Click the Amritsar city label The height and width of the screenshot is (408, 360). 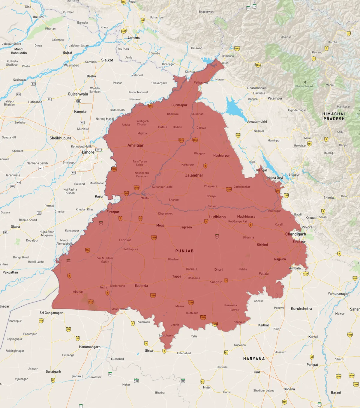point(135,145)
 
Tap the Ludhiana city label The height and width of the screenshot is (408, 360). point(217,217)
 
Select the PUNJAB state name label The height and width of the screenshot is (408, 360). point(184,251)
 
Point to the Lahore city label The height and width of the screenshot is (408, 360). point(88,152)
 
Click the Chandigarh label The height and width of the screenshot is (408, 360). point(295,234)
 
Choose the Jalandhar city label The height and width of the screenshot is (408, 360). point(194,175)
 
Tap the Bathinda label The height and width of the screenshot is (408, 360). point(141,286)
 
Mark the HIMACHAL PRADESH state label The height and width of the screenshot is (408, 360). point(334,116)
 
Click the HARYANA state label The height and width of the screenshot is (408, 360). point(254,359)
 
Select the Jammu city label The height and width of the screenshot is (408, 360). point(134,38)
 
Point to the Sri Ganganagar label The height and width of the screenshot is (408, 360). point(51,313)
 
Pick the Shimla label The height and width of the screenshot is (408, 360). point(328,198)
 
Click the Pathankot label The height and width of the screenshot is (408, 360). point(200,82)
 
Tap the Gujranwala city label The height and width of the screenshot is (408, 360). point(78,94)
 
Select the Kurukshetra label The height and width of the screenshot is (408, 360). point(301,309)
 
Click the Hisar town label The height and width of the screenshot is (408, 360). point(207,387)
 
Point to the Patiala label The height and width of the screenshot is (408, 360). point(264,274)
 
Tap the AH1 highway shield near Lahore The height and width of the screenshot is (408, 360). point(98,150)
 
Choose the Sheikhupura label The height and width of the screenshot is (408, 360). point(60,138)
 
